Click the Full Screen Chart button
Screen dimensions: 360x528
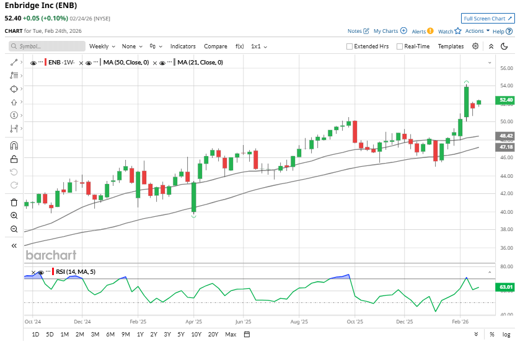(488, 19)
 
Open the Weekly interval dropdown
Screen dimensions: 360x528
(101, 46)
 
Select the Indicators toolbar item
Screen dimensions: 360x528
(183, 46)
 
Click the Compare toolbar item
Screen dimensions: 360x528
(216, 46)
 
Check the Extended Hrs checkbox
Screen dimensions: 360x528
(350, 46)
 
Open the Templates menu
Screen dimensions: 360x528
(451, 46)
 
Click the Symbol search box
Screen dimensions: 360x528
(48, 46)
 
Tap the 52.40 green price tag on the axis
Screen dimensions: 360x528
(506, 100)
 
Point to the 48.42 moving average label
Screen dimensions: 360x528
(506, 135)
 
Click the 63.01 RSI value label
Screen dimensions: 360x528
(506, 287)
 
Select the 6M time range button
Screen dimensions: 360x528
(110, 335)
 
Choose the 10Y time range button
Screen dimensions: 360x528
(196, 335)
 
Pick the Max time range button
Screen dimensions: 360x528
(231, 335)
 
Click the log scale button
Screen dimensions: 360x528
(506, 335)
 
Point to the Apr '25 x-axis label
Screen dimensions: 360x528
(194, 322)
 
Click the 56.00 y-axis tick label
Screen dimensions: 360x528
(506, 68)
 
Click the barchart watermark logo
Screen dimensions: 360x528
(51, 255)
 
